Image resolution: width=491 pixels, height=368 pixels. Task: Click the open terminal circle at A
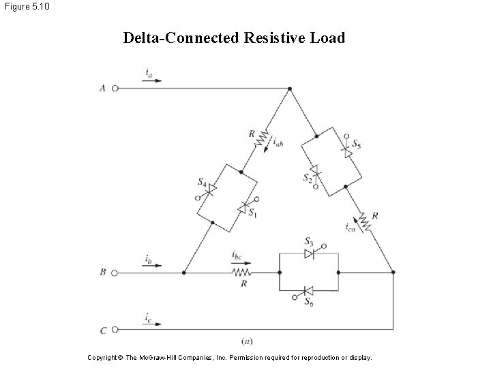[115, 88]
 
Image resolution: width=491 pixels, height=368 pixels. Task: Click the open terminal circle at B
[115, 272]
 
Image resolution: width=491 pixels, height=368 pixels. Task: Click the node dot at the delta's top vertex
[290, 88]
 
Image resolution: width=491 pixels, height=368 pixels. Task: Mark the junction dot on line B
[184, 272]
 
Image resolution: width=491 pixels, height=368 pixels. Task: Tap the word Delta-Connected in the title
[181, 37]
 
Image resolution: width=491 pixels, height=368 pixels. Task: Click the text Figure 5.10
[25, 7]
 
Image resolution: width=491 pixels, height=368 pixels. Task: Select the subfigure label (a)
[248, 340]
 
